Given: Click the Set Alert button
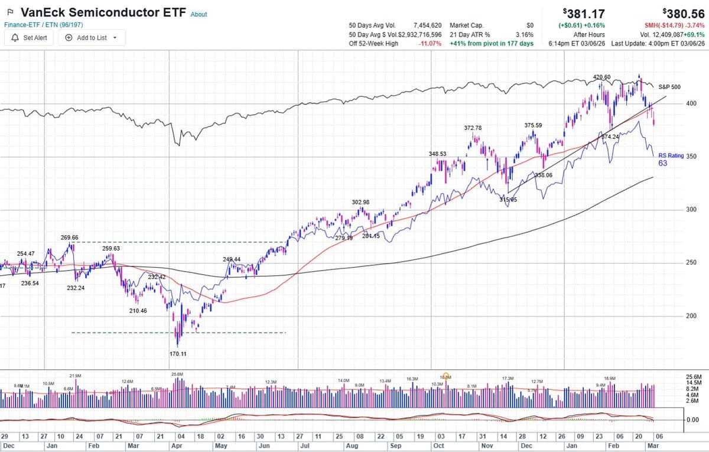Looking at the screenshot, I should (30, 37).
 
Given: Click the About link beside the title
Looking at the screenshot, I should (199, 14).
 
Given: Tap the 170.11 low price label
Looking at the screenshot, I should (178, 354).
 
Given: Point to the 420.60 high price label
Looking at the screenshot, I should (601, 77).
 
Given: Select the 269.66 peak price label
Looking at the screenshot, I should (69, 237).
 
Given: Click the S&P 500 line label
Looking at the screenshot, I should (669, 87).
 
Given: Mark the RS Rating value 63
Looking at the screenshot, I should (662, 164).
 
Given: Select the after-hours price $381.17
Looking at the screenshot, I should (584, 13).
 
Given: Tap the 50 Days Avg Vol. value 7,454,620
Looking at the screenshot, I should (427, 25).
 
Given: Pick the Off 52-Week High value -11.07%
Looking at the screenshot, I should (430, 43).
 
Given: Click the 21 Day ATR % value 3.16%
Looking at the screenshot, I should (524, 34).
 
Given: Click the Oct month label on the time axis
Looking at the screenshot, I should (438, 446).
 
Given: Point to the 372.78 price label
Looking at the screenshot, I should (473, 128).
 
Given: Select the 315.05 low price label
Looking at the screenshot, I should (508, 200).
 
